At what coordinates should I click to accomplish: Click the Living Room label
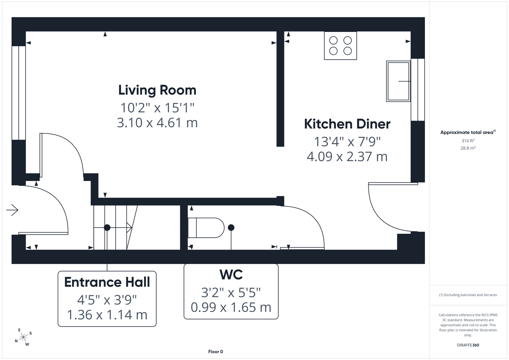click(157, 90)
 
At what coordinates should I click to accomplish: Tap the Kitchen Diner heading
click(347, 124)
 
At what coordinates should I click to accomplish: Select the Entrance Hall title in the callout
click(107, 282)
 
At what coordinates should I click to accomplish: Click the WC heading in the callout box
click(231, 274)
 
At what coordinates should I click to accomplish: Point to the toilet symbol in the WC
click(206, 228)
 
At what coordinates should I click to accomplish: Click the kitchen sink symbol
click(398, 81)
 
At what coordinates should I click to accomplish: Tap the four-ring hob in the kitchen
click(340, 46)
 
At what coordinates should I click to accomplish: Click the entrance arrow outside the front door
click(12, 210)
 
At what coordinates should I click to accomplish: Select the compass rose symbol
click(23, 337)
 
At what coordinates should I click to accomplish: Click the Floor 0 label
click(216, 352)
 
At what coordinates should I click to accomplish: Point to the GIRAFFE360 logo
click(468, 345)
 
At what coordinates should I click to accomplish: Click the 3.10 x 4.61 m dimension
click(157, 123)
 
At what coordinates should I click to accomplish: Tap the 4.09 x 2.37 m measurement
click(347, 157)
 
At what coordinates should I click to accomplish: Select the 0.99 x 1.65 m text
click(231, 307)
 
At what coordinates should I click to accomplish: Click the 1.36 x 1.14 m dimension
click(107, 315)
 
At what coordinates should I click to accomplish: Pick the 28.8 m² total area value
click(468, 148)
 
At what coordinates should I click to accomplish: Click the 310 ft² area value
click(468, 141)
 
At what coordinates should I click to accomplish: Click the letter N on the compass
click(16, 341)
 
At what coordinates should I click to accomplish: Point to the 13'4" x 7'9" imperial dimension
click(347, 142)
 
